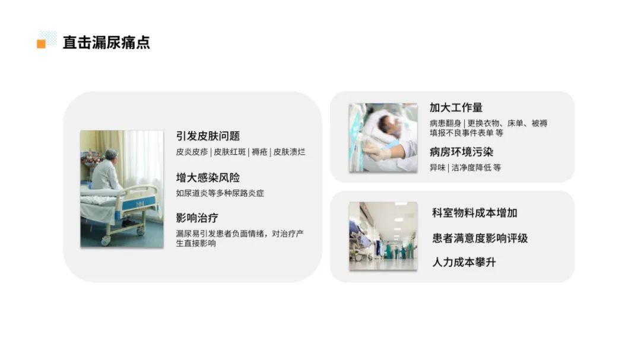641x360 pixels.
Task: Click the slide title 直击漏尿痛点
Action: point(106,43)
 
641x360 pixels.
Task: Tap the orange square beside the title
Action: point(42,44)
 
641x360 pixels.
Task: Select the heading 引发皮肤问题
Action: point(208,136)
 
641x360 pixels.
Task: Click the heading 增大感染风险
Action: point(208,177)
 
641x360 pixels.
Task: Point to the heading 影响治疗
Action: point(197,218)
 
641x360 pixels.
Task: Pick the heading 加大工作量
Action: point(456,107)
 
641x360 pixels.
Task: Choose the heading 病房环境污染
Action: point(461,152)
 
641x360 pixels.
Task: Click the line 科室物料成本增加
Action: point(475,213)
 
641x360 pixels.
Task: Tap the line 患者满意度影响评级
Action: point(480,238)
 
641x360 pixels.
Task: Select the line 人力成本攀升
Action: point(464,262)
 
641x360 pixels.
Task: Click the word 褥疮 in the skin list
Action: point(259,152)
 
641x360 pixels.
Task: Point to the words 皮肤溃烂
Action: point(289,152)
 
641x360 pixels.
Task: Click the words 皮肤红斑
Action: point(230,152)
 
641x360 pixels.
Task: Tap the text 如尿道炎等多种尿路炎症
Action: point(220,193)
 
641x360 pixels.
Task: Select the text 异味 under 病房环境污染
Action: point(437,167)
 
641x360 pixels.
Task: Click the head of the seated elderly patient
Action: point(112,155)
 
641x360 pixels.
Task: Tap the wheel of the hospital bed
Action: point(106,241)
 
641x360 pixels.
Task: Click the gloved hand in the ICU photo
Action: point(376,151)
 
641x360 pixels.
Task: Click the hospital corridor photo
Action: point(383,236)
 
